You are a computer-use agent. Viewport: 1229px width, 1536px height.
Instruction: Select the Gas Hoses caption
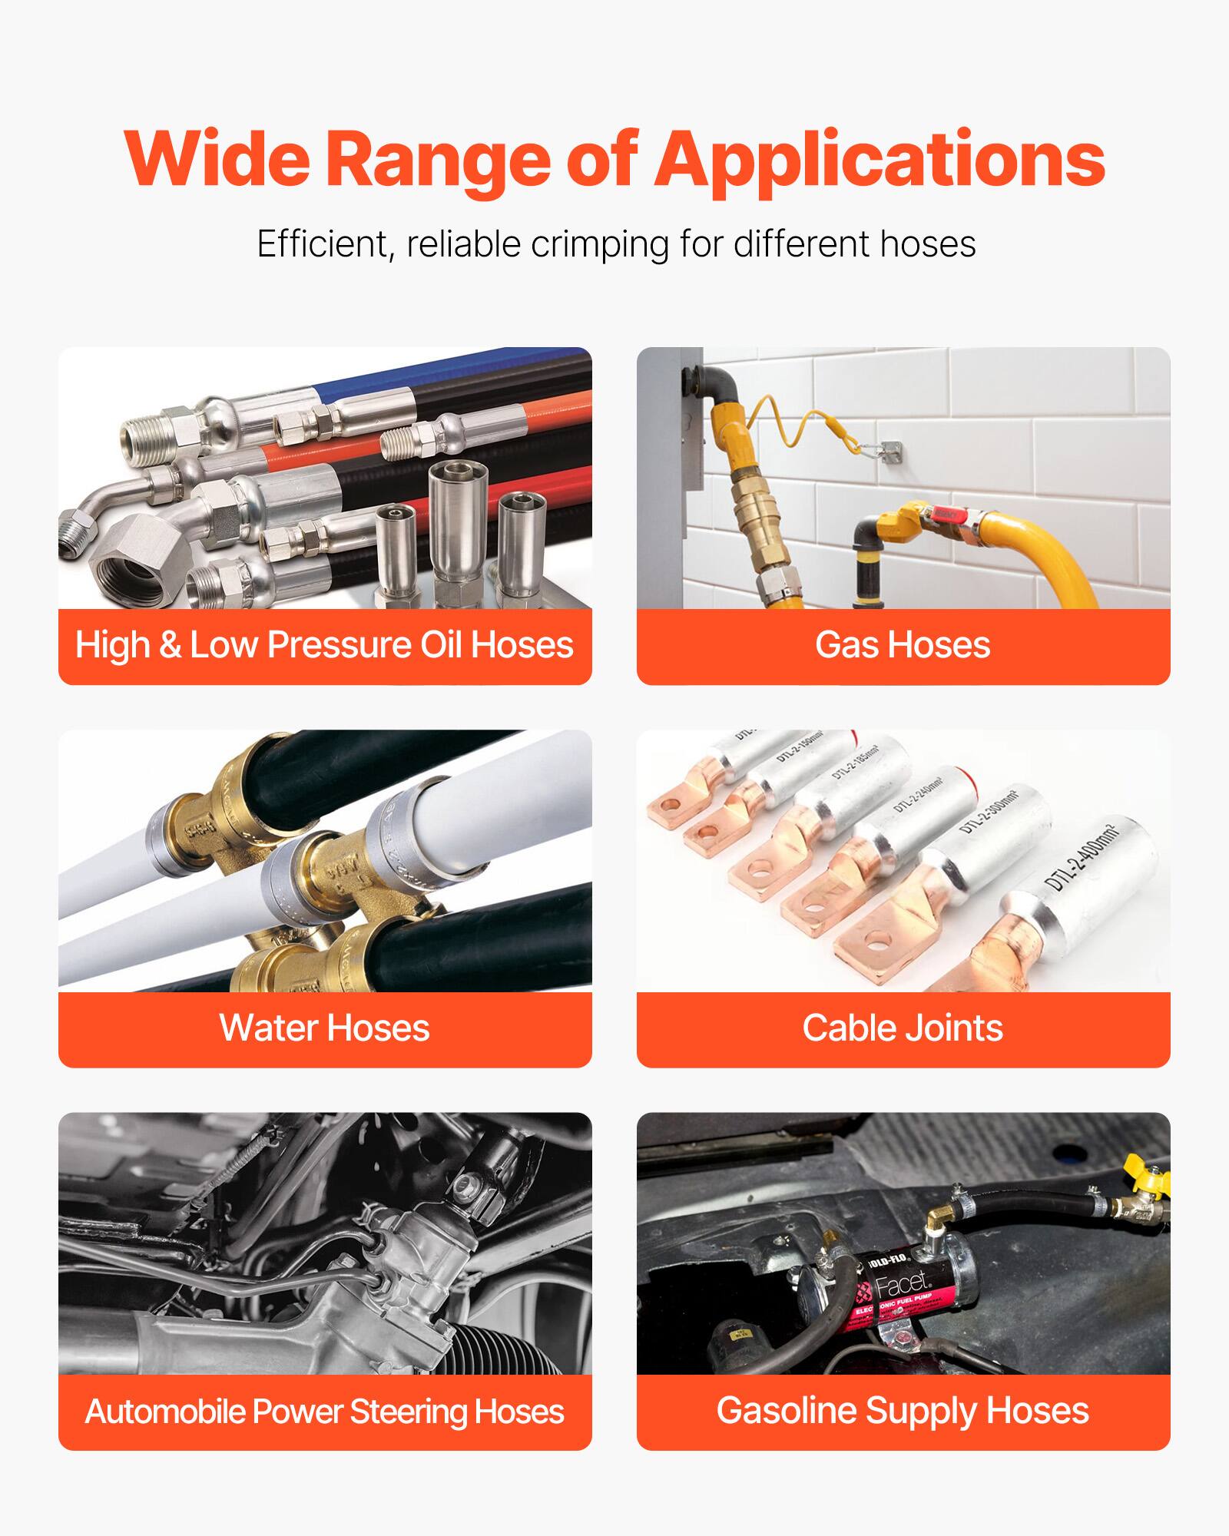pos(903,645)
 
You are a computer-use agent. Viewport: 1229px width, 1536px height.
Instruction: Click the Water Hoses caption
pos(324,1028)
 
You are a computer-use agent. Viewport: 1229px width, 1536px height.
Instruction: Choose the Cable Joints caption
pos(903,1028)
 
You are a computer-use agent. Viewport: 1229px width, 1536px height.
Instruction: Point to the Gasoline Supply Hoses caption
pos(903,1411)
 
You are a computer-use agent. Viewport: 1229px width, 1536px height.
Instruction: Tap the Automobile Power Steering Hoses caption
pos(324,1412)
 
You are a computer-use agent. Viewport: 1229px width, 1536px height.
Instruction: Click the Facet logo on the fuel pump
pos(903,1285)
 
